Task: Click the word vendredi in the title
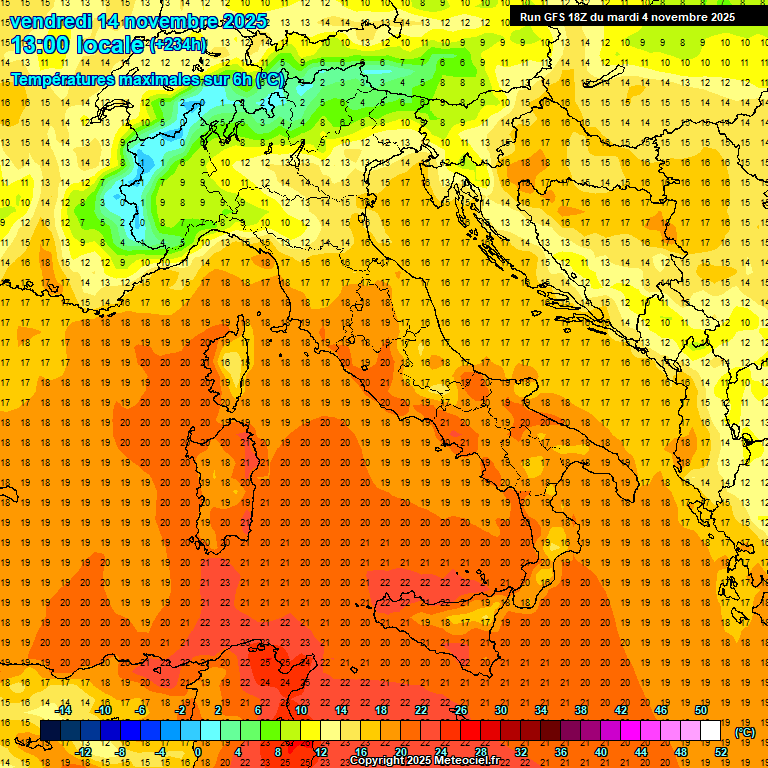pyautogui.click(x=50, y=21)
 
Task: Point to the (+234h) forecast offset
pyautogui.click(x=178, y=45)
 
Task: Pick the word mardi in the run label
pyautogui.click(x=636, y=17)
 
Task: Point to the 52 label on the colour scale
pyautogui.click(x=721, y=751)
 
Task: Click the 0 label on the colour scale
pyautogui.click(x=198, y=751)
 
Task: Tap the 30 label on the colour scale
pyautogui.click(x=501, y=710)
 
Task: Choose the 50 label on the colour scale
pyautogui.click(x=701, y=710)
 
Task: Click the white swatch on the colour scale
pyautogui.click(x=711, y=730)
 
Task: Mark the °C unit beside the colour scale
pyautogui.click(x=745, y=732)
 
